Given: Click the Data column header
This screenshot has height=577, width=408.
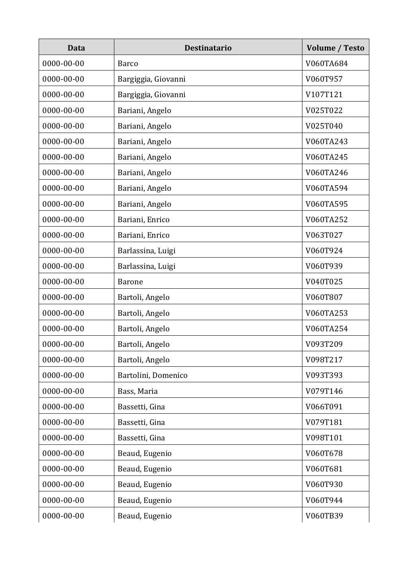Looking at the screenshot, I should tap(76, 48).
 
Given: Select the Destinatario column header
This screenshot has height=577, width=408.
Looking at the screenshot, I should tap(208, 48).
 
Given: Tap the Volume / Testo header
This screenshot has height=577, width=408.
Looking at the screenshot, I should tap(335, 48).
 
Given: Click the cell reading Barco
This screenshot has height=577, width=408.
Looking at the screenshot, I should tap(128, 63).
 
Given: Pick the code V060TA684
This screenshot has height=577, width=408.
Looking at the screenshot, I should tap(326, 63).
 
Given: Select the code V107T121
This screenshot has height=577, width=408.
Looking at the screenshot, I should tap(324, 94).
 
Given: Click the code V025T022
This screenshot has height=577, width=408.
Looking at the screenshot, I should tap(324, 110).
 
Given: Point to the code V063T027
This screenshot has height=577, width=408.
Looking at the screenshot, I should tap(324, 235).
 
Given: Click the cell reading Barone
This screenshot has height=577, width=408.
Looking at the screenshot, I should tap(130, 282).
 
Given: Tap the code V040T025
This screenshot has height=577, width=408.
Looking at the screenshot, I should tap(324, 282).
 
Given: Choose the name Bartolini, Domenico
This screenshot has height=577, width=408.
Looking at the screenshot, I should tap(152, 375).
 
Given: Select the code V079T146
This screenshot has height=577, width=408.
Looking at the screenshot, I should tap(324, 391).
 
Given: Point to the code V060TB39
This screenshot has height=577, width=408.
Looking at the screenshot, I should tap(324, 516).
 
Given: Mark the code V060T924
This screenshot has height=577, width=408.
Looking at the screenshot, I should tap(324, 250).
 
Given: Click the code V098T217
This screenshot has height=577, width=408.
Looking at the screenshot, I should tap(324, 360).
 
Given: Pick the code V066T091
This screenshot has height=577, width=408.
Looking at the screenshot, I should tap(324, 407).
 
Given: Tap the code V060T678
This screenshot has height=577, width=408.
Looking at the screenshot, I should tap(324, 453).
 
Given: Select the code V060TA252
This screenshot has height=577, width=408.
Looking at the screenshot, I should tap(326, 219).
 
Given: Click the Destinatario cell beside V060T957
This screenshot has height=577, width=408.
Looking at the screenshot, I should tap(151, 79).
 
